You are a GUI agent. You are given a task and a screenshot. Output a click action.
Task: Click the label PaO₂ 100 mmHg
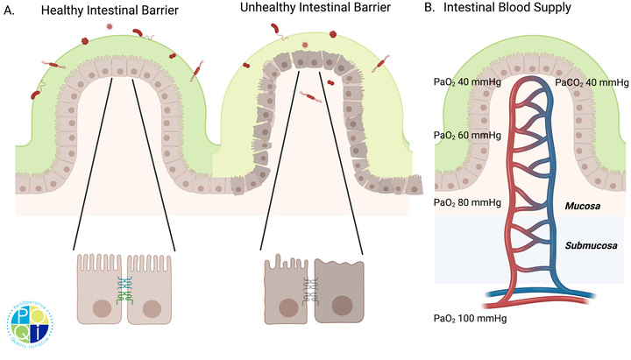(x=470, y=318)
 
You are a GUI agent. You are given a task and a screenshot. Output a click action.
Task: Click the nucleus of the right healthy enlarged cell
(x=152, y=308)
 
